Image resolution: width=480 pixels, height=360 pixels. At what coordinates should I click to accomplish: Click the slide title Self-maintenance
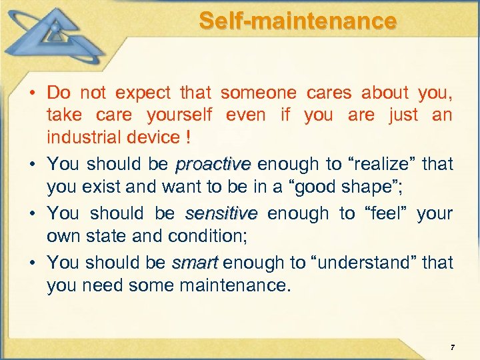(297, 21)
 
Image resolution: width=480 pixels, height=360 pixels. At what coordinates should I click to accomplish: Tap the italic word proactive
(213, 164)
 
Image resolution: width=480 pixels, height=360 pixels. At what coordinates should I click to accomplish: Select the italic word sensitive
(221, 213)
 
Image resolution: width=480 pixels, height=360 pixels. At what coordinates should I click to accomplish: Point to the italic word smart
(195, 263)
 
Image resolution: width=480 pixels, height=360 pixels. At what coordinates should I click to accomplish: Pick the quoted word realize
(373, 164)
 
